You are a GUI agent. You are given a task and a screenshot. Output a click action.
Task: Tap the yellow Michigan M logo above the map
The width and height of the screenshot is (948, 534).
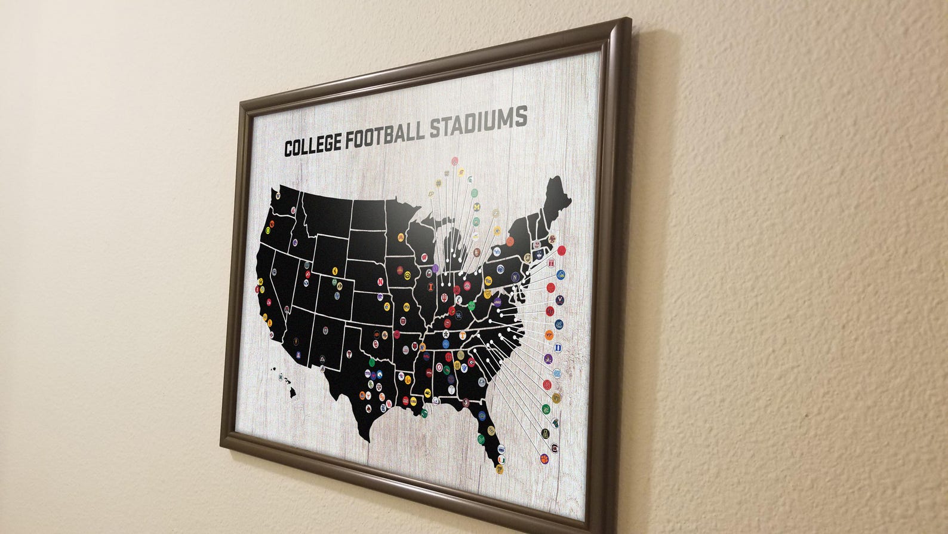[476, 207]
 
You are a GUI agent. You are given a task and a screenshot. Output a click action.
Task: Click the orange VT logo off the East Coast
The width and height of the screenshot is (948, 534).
[549, 337]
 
